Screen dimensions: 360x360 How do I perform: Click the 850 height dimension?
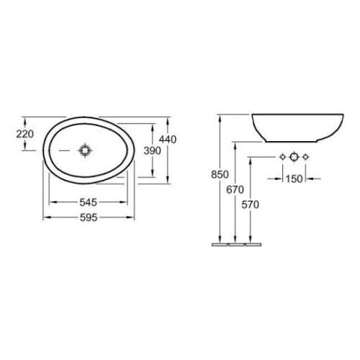point(220,175)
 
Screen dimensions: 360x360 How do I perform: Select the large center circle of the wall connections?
point(293,156)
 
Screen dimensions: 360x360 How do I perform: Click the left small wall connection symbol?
point(280,156)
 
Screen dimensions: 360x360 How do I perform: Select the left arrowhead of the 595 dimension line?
point(47,216)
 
